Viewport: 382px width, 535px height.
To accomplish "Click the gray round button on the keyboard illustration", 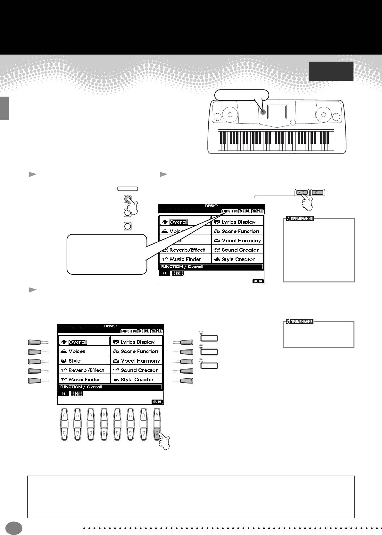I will click(263, 112).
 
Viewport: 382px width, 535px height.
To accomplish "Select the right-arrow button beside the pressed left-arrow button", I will click(318, 193).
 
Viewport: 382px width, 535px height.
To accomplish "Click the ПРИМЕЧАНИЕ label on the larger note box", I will click(300, 219).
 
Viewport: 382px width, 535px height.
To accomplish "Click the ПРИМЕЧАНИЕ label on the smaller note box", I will click(300, 322).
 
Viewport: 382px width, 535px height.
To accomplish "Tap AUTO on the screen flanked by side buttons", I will click(157, 401).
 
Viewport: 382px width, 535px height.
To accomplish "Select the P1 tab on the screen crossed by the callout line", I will click(164, 273).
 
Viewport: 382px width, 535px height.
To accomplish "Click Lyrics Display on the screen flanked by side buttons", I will click(137, 342).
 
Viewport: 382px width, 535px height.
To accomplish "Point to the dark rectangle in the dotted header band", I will click(331, 71).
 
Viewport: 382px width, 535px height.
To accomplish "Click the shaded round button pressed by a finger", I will click(127, 199).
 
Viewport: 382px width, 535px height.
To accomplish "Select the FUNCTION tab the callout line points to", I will click(230, 211).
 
